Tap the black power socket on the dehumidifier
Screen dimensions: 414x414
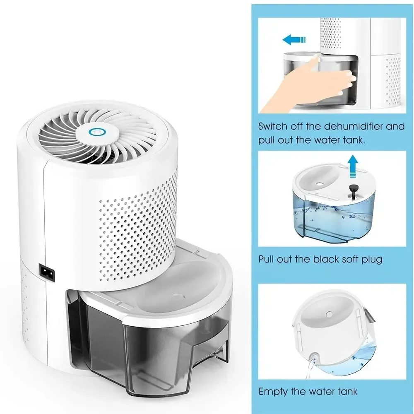pos(47,272)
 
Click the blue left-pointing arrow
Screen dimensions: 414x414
pos(294,40)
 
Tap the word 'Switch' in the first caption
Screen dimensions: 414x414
pos(273,126)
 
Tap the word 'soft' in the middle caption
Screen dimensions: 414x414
pos(350,259)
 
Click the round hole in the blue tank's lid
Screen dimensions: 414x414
pos(320,184)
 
